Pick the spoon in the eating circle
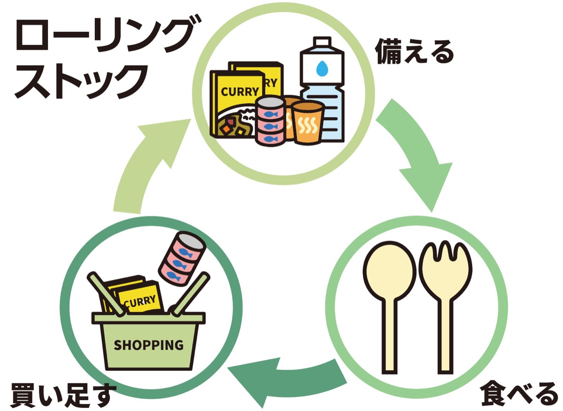click(389, 300)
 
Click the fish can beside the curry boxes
click(270, 123)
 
